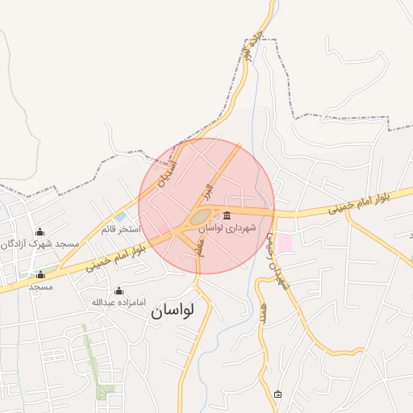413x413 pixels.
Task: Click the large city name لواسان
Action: [173, 311]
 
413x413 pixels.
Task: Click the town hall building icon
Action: [227, 216]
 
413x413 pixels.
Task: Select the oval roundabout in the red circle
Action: [201, 216]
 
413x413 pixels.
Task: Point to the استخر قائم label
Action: [120, 229]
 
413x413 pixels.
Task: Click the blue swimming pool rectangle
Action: [120, 217]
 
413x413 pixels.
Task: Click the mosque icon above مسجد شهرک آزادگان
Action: [40, 232]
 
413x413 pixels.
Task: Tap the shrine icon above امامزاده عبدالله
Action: [119, 290]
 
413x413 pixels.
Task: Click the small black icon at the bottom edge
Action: [278, 394]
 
